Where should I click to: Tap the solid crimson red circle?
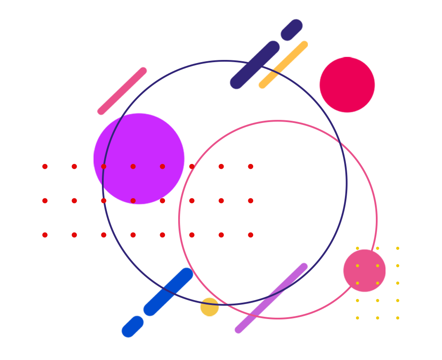coord(347,85)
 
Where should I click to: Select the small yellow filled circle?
coord(210,307)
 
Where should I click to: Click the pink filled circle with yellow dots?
coord(364,271)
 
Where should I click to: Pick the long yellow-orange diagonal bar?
coord(283,65)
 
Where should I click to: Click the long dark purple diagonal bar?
coord(255,65)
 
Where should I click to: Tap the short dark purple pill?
coord(292,30)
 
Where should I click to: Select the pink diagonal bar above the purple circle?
coord(122,91)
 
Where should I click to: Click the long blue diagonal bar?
coord(169,292)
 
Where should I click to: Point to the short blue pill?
coord(133,327)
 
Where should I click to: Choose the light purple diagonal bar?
coord(271,298)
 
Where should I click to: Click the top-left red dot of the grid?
coord(45,167)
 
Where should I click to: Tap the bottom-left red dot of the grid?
coord(45,235)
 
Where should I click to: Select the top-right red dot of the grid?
coord(251,167)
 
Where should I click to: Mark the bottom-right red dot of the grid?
coord(251,235)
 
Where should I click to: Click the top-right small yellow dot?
coord(397,248)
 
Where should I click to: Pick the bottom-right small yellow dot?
coord(397,318)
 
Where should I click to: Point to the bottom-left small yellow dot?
coord(357,318)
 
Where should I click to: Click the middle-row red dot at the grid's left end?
coord(45,200)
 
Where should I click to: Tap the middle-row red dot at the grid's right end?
coord(251,200)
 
